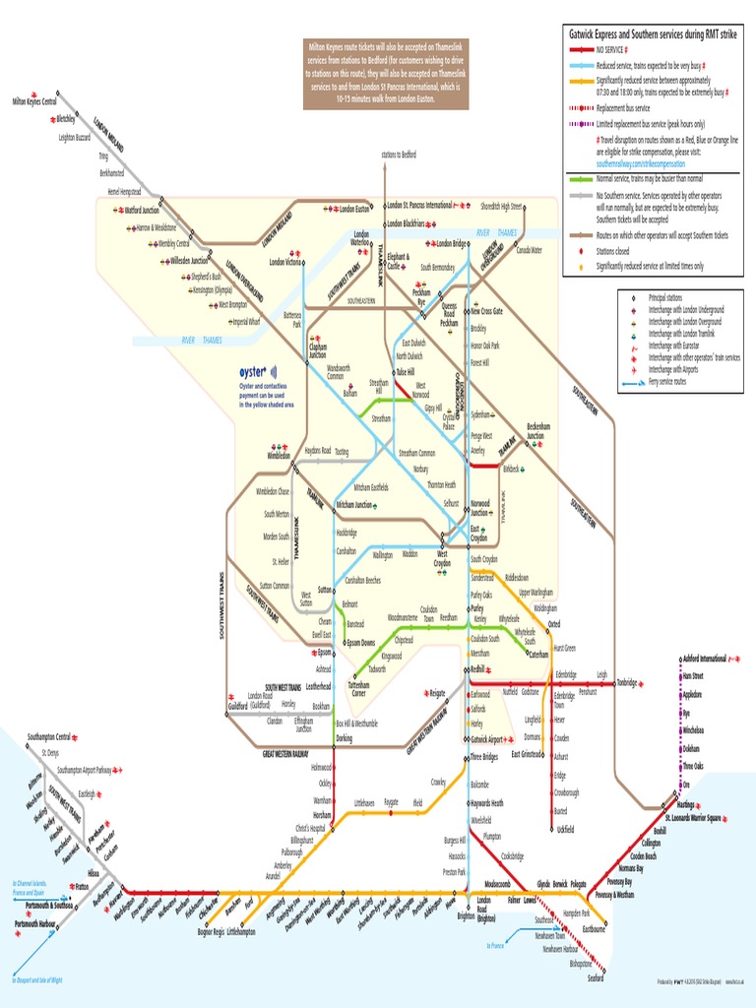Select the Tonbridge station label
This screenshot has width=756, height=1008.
coord(626,681)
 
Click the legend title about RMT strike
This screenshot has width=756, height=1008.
coord(652,33)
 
